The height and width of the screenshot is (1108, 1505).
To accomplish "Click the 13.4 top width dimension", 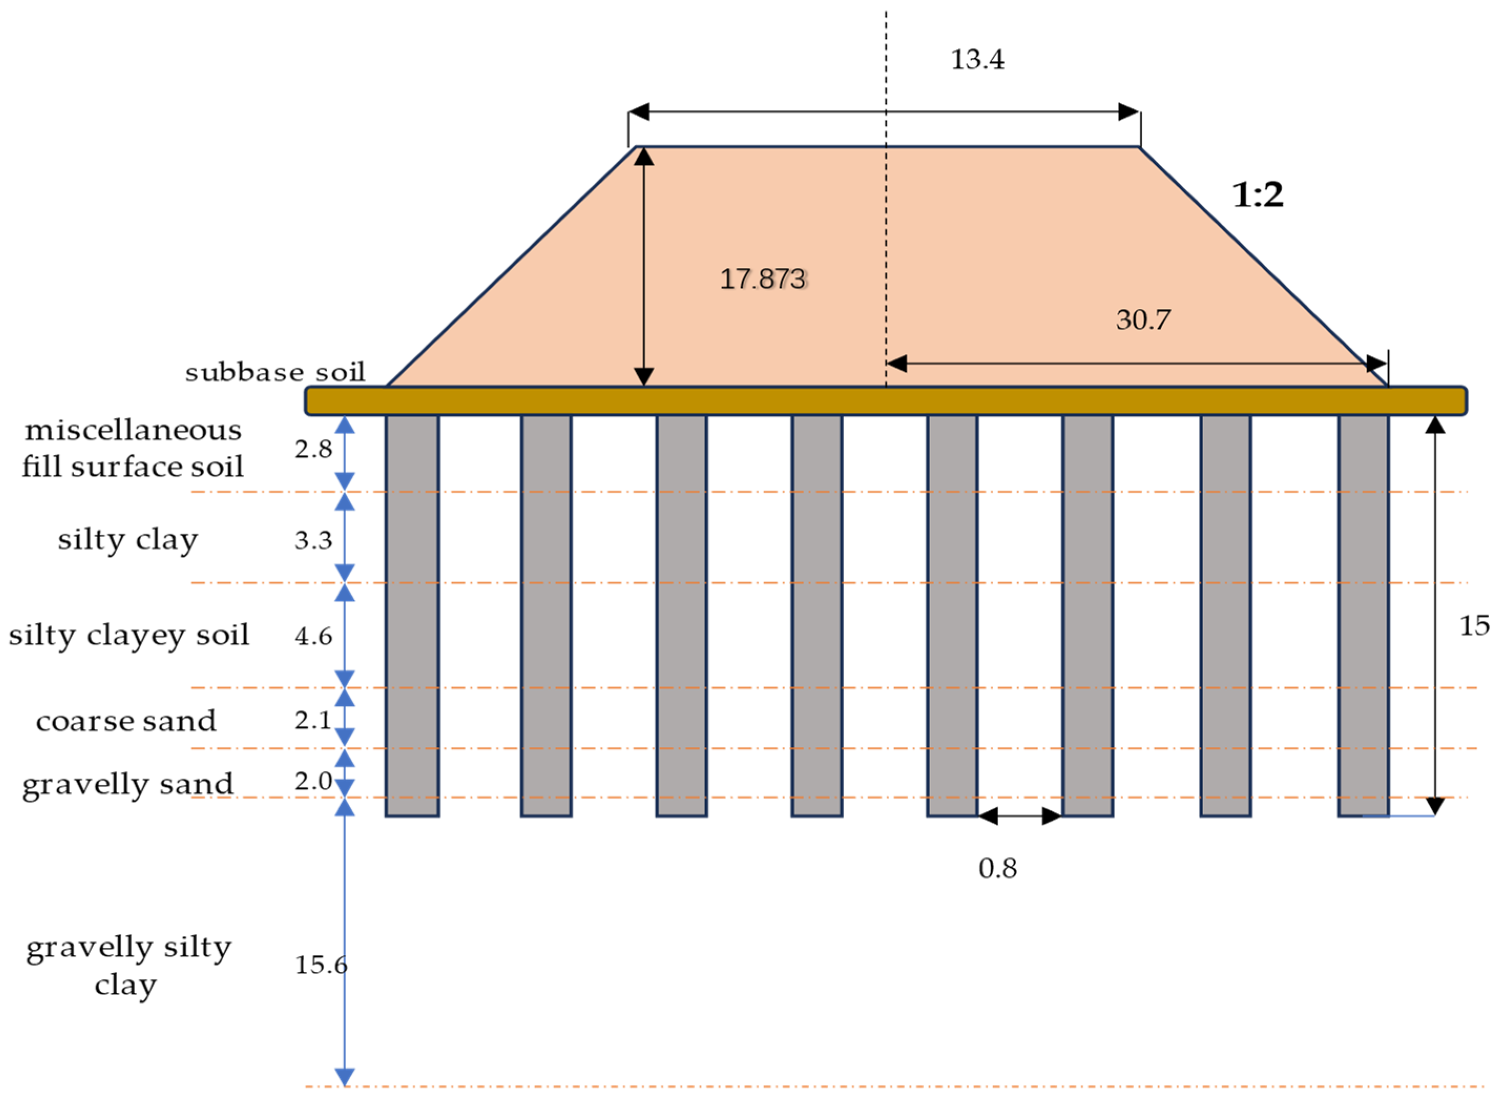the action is [977, 60].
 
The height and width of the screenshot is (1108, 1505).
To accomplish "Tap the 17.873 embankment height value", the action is [762, 279].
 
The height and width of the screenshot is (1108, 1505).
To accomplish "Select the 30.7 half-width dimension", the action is [1143, 320].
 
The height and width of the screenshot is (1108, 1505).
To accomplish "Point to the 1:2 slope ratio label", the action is [1258, 195].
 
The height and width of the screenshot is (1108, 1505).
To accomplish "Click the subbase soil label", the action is [275, 372].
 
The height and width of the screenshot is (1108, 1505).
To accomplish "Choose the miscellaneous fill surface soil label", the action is [132, 448].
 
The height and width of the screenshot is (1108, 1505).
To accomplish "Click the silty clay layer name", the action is [128, 540].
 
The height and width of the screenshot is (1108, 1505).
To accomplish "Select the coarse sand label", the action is [126, 721].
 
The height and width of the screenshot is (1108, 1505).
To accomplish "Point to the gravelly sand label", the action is [128, 785].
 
